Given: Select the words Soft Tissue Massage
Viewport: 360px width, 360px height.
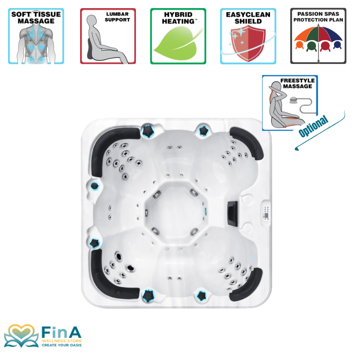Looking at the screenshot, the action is pyautogui.click(x=36, y=18).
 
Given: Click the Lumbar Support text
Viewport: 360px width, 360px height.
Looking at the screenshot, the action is pyautogui.click(x=117, y=17).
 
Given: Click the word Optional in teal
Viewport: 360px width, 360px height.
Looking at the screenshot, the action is pyautogui.click(x=313, y=126).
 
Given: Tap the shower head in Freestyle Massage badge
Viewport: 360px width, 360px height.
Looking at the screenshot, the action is pyautogui.click(x=293, y=100).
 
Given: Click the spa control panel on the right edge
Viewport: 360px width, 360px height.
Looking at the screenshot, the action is pyautogui.click(x=266, y=213).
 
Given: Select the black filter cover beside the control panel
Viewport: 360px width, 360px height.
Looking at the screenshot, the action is pyautogui.click(x=233, y=214).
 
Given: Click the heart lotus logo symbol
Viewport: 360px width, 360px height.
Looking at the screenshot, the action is pyautogui.click(x=21, y=336).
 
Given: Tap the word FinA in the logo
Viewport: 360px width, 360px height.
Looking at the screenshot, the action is pyautogui.click(x=62, y=332).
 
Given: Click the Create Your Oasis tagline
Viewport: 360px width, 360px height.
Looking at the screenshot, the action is pyautogui.click(x=62, y=345).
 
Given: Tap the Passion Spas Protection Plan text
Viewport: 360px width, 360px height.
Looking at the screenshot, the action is pyautogui.click(x=318, y=17).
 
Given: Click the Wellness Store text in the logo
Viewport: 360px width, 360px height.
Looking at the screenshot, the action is pyautogui.click(x=62, y=341).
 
